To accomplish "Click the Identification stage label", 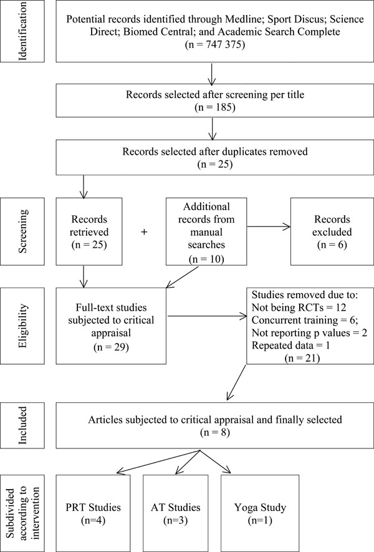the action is pyautogui.click(x=22, y=31).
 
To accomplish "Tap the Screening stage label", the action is pyautogui.click(x=22, y=231).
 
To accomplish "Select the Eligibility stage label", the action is pyautogui.click(x=22, y=326).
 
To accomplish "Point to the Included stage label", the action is pyautogui.click(x=22, y=425).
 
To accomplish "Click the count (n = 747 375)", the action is pyautogui.click(x=214, y=45).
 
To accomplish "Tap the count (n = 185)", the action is pyautogui.click(x=214, y=107).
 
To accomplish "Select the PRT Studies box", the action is pyautogui.click(x=93, y=513).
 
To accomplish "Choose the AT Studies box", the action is pyautogui.click(x=176, y=513).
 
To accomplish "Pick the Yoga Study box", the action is pyautogui.click(x=260, y=513).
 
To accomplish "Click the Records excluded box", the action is pyautogui.click(x=332, y=231).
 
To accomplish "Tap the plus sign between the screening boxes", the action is pyautogui.click(x=144, y=232).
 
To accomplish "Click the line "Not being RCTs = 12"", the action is pyautogui.click(x=299, y=307).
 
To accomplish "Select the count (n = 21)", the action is pyautogui.click(x=302, y=358).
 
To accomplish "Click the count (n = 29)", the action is pyautogui.click(x=111, y=347).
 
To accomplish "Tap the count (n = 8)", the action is pyautogui.click(x=214, y=432).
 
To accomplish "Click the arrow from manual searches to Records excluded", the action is pyautogui.click(x=269, y=226).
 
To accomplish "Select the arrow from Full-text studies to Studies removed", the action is pyautogui.click(x=206, y=316).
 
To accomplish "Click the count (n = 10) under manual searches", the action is pyautogui.click(x=206, y=259).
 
